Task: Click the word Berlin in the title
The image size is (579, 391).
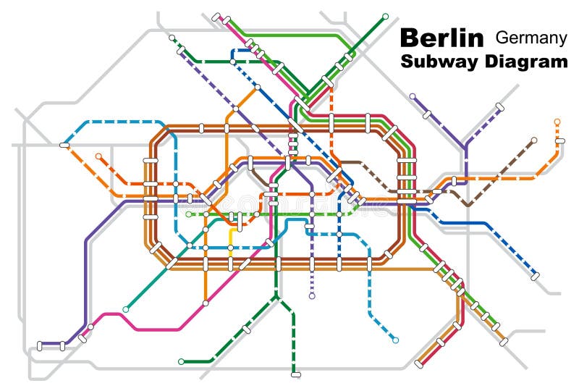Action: tap(441, 38)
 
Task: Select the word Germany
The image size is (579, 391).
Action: tap(531, 38)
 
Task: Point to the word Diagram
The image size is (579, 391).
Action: tap(521, 62)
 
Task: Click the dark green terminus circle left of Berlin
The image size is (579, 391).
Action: tap(385, 15)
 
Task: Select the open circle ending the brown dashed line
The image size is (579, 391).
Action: tap(534, 140)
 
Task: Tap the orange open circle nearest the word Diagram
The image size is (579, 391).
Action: tap(557, 122)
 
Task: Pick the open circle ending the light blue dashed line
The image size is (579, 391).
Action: tap(395, 340)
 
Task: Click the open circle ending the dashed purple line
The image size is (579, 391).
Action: tap(312, 296)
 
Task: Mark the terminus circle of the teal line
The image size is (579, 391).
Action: tap(126, 309)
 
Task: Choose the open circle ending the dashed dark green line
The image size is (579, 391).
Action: tap(172, 38)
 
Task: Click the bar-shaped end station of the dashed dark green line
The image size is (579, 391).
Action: tap(295, 374)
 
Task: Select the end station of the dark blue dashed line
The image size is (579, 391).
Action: tap(535, 276)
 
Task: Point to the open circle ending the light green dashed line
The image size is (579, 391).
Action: tap(188, 214)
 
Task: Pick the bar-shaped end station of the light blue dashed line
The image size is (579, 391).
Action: tap(64, 145)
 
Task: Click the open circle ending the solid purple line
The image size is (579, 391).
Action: tap(413, 96)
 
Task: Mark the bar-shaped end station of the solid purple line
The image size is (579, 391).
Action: tap(41, 346)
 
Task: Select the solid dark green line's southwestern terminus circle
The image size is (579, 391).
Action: tap(181, 361)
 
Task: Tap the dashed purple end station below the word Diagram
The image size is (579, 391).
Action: tap(499, 106)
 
